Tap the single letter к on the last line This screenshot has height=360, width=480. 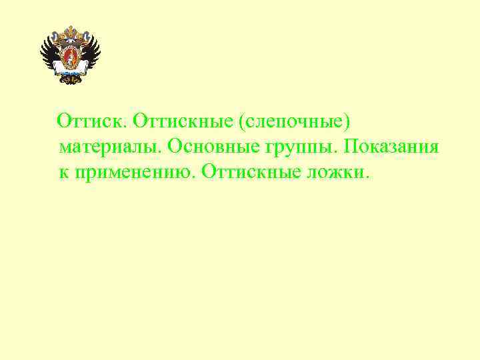[x=64, y=172]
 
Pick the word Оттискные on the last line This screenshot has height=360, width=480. [x=249, y=171]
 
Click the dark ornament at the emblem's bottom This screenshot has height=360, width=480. [x=70, y=78]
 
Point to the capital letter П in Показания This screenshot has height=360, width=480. [x=351, y=147]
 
